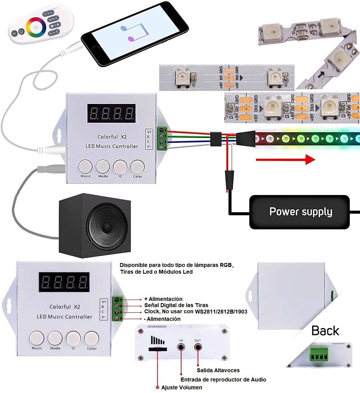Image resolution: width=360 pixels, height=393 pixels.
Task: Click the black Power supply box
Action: point(299,212)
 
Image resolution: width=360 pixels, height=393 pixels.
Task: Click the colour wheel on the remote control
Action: point(36,27)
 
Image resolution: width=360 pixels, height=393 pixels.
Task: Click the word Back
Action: point(325,331)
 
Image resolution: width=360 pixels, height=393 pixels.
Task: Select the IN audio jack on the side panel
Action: point(181,347)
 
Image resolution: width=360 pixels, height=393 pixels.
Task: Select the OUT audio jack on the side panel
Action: point(198,347)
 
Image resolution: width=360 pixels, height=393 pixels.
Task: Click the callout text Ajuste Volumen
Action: point(181,387)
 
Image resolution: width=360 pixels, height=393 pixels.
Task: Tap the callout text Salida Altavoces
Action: point(218,370)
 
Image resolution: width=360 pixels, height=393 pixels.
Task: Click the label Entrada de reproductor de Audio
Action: point(223,380)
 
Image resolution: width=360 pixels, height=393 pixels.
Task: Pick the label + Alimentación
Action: point(163,299)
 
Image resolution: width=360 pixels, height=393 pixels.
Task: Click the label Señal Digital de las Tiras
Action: point(176,305)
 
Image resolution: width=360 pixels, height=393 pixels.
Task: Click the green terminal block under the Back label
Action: point(319,354)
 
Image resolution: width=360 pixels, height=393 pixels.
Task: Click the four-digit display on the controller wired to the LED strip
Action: point(111,113)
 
